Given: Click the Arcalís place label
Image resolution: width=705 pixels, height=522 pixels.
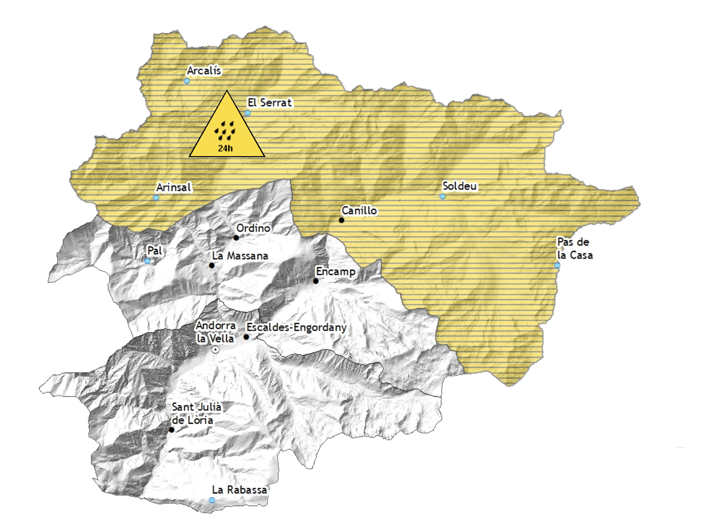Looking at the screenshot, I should (x=204, y=71).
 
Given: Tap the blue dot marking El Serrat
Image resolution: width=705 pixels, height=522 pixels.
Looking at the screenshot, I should (x=248, y=113).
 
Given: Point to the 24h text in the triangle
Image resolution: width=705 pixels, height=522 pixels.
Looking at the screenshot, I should (x=225, y=148).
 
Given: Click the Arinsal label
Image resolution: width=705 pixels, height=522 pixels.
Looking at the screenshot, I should (x=174, y=187).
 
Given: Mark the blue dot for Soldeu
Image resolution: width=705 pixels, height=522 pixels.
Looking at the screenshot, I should (x=442, y=196).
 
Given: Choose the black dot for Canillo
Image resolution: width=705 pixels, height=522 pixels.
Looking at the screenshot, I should (x=341, y=220).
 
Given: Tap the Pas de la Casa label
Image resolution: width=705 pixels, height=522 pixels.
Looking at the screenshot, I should (x=575, y=248).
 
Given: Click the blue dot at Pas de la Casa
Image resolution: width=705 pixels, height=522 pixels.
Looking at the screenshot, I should (x=557, y=265).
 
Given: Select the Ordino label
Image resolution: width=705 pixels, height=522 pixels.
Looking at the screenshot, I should (x=253, y=228).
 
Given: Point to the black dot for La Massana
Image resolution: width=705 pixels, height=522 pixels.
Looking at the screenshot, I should (x=211, y=265).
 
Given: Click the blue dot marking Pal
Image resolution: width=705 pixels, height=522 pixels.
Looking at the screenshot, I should (x=147, y=261).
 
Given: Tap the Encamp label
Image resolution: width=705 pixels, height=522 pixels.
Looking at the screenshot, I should (x=336, y=272).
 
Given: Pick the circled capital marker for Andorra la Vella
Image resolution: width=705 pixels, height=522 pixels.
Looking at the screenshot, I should (x=215, y=349).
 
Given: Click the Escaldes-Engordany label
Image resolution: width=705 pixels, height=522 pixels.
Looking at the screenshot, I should (x=296, y=327).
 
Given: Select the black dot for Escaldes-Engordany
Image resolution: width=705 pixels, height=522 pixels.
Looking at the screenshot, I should (x=246, y=337).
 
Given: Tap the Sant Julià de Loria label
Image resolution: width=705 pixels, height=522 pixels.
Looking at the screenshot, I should (x=196, y=414).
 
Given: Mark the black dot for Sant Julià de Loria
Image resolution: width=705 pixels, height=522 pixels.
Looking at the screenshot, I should (x=171, y=430).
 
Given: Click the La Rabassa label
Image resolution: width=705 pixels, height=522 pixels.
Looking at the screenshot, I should (x=240, y=490).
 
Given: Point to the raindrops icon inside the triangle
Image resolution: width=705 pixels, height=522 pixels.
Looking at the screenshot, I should (x=226, y=130).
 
